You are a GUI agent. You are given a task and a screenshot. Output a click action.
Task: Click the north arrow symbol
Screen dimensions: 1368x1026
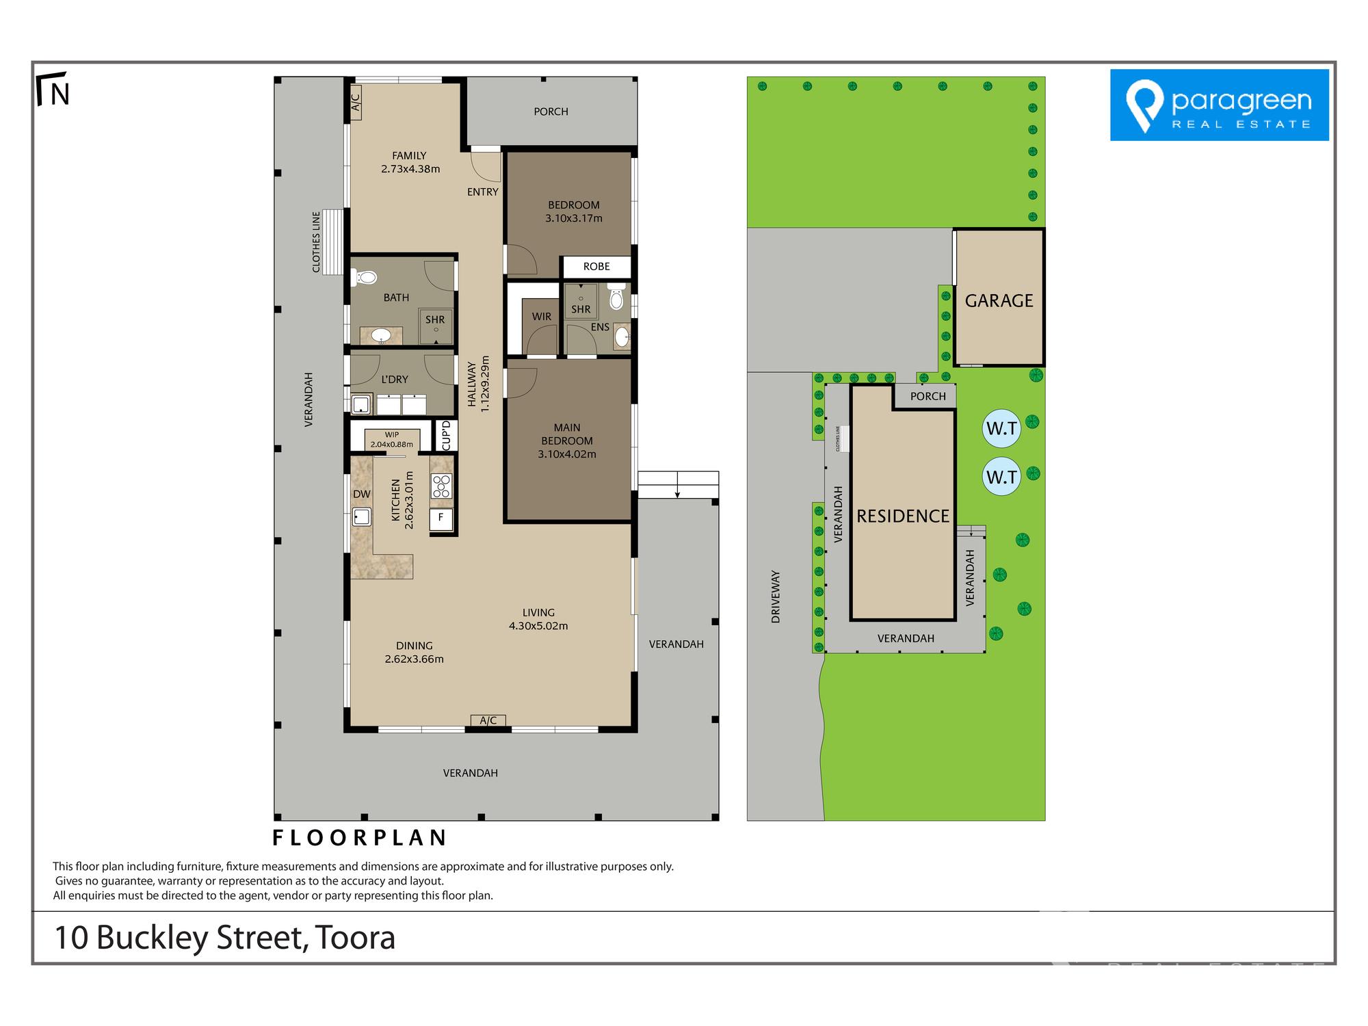(x=53, y=89)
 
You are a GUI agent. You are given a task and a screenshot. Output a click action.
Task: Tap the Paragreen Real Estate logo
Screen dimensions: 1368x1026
(x=1219, y=105)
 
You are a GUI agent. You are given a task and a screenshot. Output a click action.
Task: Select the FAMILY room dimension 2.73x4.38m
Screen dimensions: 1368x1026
(x=410, y=169)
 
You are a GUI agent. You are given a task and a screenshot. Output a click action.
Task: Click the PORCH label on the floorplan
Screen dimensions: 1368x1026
(x=551, y=111)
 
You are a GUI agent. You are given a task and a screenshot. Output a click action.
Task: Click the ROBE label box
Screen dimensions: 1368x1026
(x=596, y=267)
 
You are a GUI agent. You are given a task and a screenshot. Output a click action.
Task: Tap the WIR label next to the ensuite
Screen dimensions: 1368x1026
(x=541, y=317)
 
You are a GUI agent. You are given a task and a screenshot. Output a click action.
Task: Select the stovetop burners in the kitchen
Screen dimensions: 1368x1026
(x=441, y=486)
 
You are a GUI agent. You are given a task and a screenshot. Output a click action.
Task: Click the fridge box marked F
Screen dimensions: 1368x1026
(x=441, y=518)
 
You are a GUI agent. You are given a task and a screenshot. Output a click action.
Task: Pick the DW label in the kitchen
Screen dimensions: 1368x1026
(x=361, y=494)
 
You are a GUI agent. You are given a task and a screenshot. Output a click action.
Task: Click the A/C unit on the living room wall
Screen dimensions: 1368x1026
(x=488, y=720)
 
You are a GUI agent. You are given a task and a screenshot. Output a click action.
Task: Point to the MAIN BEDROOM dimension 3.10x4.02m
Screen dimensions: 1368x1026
(x=567, y=454)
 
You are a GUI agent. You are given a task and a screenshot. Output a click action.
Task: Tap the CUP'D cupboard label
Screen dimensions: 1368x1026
(x=447, y=436)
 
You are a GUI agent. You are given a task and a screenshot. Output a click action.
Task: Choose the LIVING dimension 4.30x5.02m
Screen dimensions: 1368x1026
(x=538, y=626)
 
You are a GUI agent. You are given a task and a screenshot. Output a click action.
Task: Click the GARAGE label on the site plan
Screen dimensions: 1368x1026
(x=999, y=300)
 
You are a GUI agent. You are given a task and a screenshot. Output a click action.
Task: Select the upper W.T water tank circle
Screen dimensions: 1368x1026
(x=1001, y=428)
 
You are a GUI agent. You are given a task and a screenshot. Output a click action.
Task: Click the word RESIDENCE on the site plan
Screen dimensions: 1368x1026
(x=903, y=516)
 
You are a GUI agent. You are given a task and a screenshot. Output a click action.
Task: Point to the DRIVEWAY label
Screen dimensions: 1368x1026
(x=776, y=596)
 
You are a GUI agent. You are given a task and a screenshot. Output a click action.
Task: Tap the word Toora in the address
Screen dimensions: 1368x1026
(x=354, y=938)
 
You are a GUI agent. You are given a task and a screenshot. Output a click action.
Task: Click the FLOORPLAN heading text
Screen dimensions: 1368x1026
(x=359, y=837)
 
